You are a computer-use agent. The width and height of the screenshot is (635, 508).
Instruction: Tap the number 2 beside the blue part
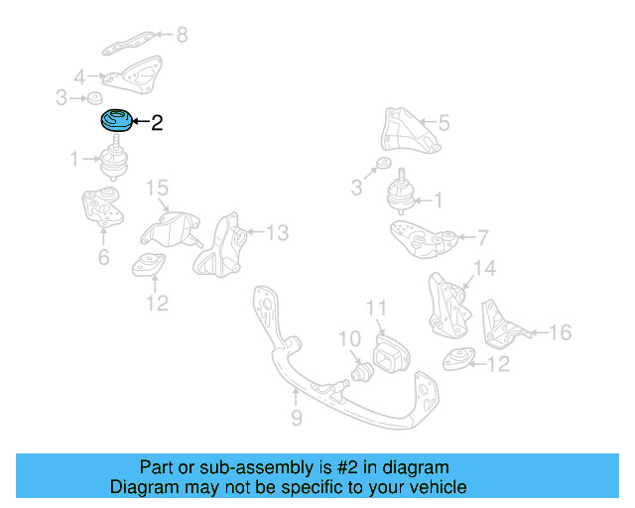tap(156, 124)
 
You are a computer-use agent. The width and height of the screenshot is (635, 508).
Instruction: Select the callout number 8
tap(181, 36)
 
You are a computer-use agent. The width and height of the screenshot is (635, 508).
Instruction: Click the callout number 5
tap(444, 123)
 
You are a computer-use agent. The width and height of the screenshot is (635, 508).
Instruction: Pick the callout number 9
tap(296, 419)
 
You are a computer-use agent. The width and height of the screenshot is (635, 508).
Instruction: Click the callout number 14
tap(483, 268)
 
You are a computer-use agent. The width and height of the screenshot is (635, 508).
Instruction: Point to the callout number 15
tap(159, 189)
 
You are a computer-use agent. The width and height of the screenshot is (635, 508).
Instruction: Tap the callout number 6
tap(103, 258)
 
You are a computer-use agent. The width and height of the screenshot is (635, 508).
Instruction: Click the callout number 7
tap(483, 238)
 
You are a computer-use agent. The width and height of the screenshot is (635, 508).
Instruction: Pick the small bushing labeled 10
tap(363, 372)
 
